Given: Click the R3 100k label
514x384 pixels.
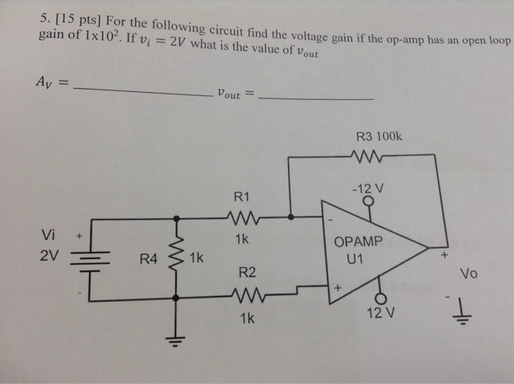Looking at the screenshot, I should pyautogui.click(x=378, y=137).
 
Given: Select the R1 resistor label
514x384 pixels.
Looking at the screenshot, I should pyautogui.click(x=242, y=197).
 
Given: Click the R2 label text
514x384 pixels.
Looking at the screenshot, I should pyautogui.click(x=247, y=273).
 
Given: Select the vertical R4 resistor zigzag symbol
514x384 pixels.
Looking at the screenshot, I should pyautogui.click(x=176, y=257).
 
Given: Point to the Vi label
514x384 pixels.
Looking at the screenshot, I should pyautogui.click(x=48, y=235).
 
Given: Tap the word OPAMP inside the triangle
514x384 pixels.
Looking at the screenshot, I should pyautogui.click(x=358, y=242).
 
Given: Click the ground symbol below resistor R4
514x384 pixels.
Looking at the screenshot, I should pyautogui.click(x=176, y=339).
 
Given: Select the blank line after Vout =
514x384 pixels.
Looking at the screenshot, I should pyautogui.click(x=317, y=98).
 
